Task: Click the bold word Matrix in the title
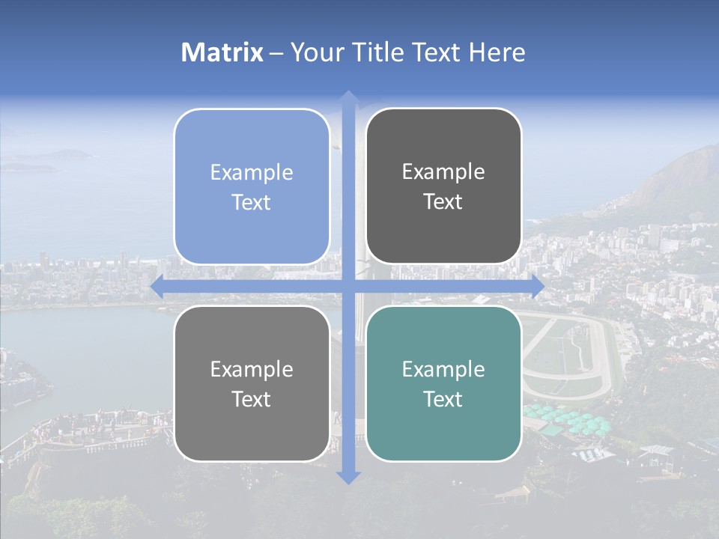click(222, 52)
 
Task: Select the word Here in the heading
click(497, 52)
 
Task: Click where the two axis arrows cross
click(348, 286)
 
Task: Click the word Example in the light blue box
click(252, 172)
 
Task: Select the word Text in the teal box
click(443, 399)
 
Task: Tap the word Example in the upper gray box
click(443, 171)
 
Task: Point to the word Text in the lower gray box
click(252, 399)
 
